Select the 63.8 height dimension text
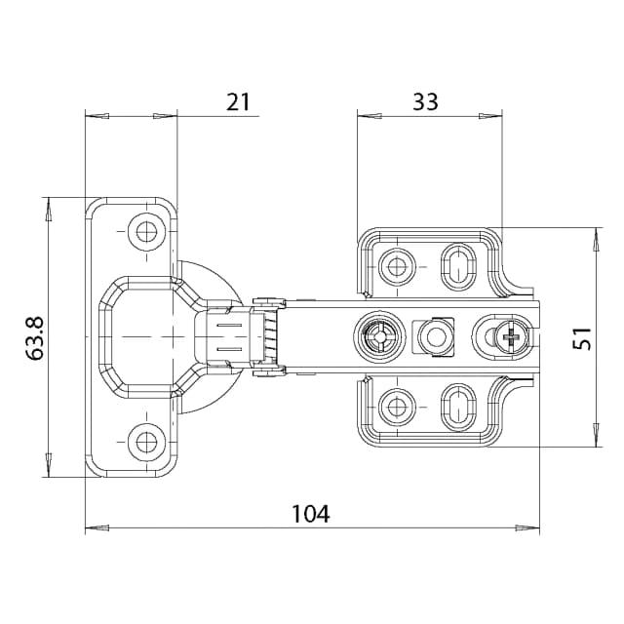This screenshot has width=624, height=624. coord(36,336)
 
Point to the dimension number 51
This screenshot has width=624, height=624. coord(582,338)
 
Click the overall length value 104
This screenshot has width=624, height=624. coord(311,513)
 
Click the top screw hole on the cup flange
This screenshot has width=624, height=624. coord(146,231)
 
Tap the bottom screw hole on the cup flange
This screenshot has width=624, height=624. coord(146,443)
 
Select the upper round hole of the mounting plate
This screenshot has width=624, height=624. coord(397,266)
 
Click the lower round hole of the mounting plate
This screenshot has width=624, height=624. coord(397,404)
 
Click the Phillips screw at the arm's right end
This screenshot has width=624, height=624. coord(513,337)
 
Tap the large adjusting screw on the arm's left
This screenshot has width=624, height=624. coord(376,336)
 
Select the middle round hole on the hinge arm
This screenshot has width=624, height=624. coord(433,337)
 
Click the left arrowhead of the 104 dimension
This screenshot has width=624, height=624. coord(96,529)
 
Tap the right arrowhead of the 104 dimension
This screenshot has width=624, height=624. coord(527,529)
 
